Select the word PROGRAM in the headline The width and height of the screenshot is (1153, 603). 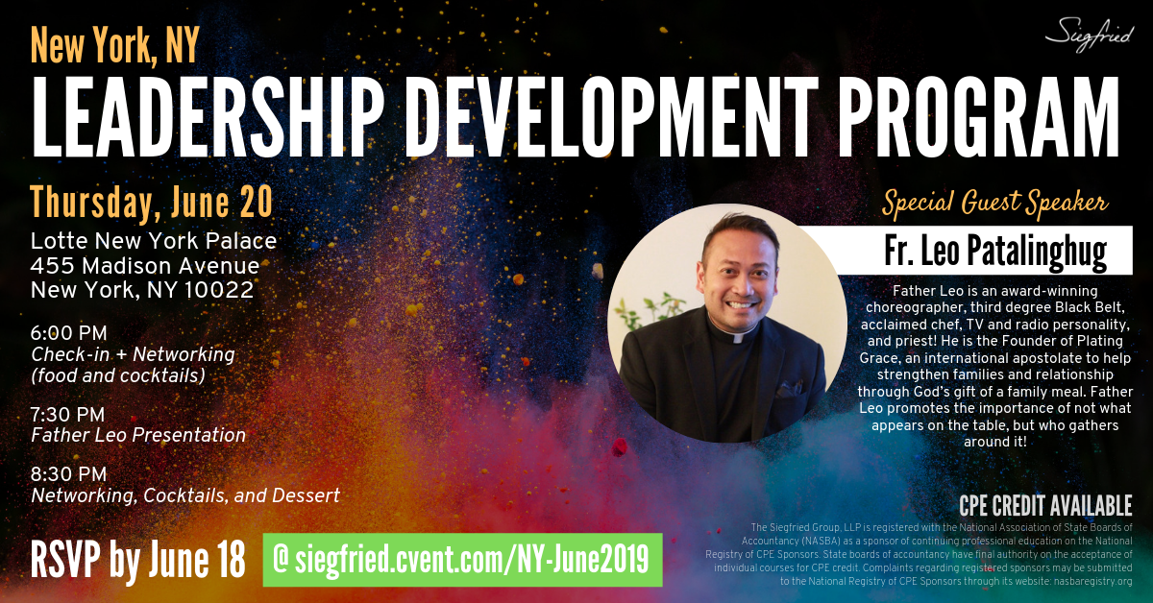coord(979,117)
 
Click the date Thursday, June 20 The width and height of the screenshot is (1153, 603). coord(152,204)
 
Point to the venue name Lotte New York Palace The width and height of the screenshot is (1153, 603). coord(154,241)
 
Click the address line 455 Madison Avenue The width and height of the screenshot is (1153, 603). coord(145,265)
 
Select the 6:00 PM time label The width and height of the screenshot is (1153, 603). coord(68,333)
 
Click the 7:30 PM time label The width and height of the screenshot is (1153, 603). coord(67,414)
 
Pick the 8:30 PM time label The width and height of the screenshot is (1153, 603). coord(68,474)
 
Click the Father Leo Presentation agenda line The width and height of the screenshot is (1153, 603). coord(138,435)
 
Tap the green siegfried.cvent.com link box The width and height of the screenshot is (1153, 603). coord(462,560)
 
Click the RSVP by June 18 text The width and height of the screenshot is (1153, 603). coord(137,561)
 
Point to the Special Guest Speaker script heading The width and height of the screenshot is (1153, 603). coord(995,203)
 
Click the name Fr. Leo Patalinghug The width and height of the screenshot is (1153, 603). coord(995,251)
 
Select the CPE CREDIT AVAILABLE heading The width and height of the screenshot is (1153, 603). coord(1045,506)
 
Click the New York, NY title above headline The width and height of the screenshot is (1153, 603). coord(114,46)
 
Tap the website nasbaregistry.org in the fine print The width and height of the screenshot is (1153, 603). coord(1092,581)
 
